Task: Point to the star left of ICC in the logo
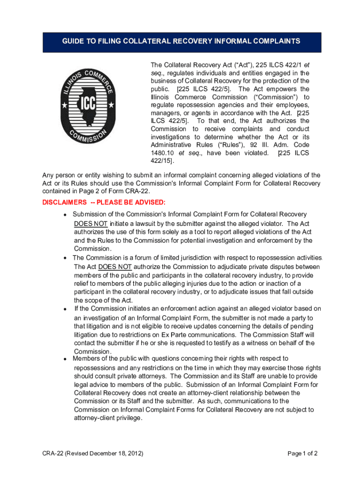pos(65,105)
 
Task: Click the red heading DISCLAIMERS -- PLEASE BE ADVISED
pos(104,203)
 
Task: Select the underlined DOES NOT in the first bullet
pos(91,223)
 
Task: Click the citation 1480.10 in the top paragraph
pos(163,153)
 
